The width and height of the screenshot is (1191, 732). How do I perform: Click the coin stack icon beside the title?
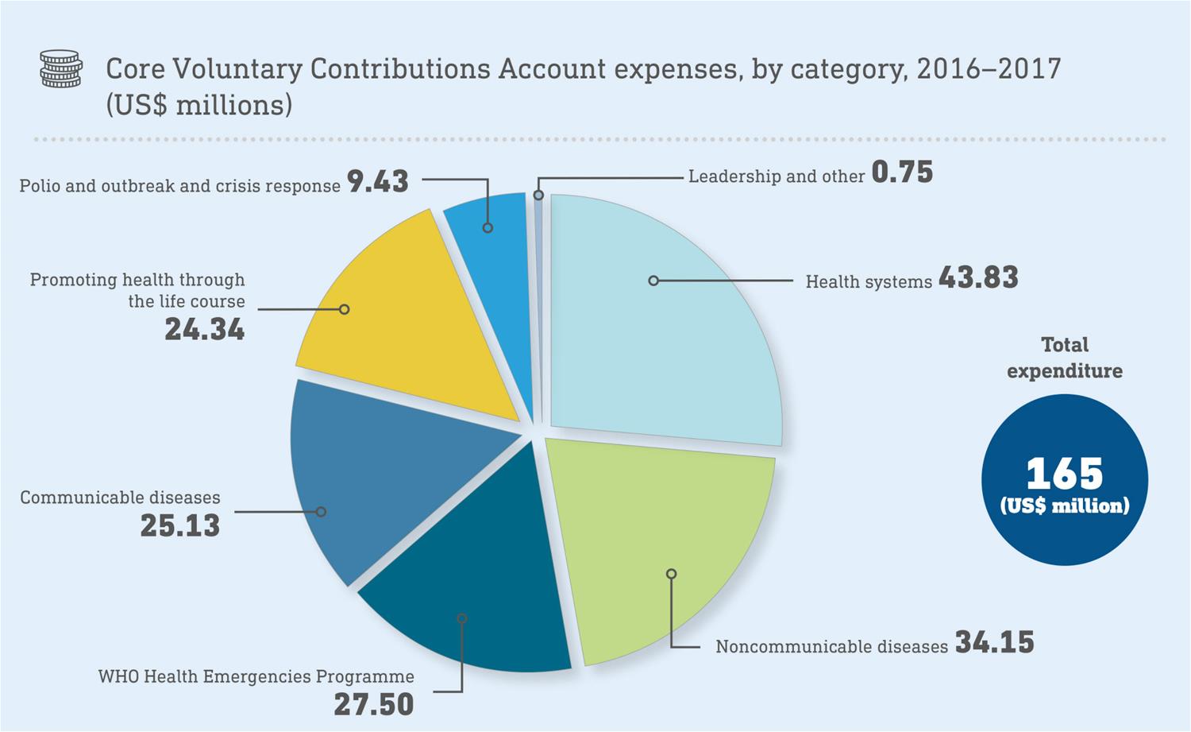pyautogui.click(x=60, y=69)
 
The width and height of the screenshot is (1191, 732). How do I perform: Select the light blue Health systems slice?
pyautogui.click(x=675, y=334)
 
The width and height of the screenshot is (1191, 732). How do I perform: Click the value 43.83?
pyautogui.click(x=978, y=277)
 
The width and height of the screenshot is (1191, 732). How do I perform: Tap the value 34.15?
pyautogui.click(x=994, y=642)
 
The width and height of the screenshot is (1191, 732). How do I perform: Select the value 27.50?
pyautogui.click(x=374, y=704)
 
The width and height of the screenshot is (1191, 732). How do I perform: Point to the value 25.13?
pyautogui.click(x=180, y=525)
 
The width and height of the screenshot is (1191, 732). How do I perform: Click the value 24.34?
pyautogui.click(x=205, y=329)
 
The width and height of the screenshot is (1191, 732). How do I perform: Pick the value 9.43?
pyautogui.click(x=378, y=182)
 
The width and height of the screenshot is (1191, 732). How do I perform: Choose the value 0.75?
pyautogui.click(x=902, y=172)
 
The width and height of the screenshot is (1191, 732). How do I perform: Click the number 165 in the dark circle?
pyautogui.click(x=1065, y=474)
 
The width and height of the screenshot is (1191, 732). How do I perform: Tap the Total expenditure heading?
pyautogui.click(x=1065, y=358)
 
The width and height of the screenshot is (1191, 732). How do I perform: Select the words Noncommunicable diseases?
pyautogui.click(x=831, y=646)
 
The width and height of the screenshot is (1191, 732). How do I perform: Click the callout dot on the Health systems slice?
pyautogui.click(x=653, y=281)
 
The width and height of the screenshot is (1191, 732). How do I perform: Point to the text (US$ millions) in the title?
pyautogui.click(x=199, y=105)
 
